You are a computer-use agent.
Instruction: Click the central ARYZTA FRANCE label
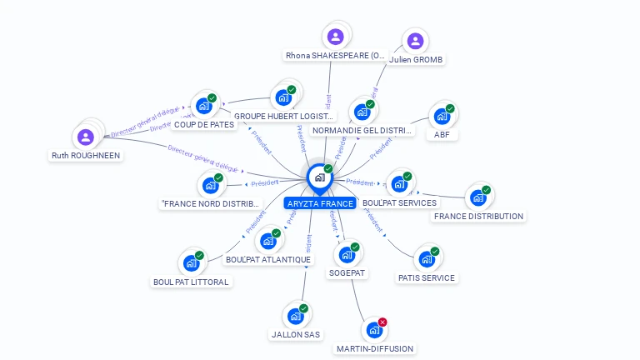pyautogui.click(x=320, y=203)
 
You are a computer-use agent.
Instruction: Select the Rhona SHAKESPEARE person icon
pyautogui.click(x=335, y=37)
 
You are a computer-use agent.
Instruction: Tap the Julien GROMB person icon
pyautogui.click(x=415, y=41)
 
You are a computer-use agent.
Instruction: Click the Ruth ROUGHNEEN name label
pyautogui.click(x=86, y=155)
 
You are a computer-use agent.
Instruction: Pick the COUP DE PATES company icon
pyautogui.click(x=202, y=106)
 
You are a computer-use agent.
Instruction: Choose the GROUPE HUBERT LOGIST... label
pyautogui.click(x=283, y=117)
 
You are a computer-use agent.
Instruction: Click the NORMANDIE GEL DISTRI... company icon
pyautogui.click(x=362, y=112)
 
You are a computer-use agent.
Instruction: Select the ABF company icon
pyautogui.click(x=442, y=116)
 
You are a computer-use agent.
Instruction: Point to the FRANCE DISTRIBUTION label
pyautogui.click(x=478, y=217)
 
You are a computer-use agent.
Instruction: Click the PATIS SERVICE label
pyautogui.click(x=427, y=277)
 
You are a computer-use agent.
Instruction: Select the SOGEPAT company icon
pyautogui.click(x=347, y=255)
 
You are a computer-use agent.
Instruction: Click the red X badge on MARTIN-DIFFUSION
pyautogui.click(x=382, y=322)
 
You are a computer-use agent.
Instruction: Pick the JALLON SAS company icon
pyautogui.click(x=295, y=316)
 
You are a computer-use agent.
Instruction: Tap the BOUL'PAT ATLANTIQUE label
pyautogui.click(x=268, y=259)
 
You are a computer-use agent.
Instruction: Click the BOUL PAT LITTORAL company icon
pyautogui.click(x=191, y=263)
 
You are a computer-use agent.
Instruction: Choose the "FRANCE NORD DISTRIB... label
pyautogui.click(x=210, y=203)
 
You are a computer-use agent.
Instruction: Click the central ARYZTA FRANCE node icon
pyautogui.click(x=319, y=177)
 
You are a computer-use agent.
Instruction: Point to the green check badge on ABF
pyautogui.click(x=450, y=108)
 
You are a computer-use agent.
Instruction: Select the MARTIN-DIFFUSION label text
pyautogui.click(x=375, y=348)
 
